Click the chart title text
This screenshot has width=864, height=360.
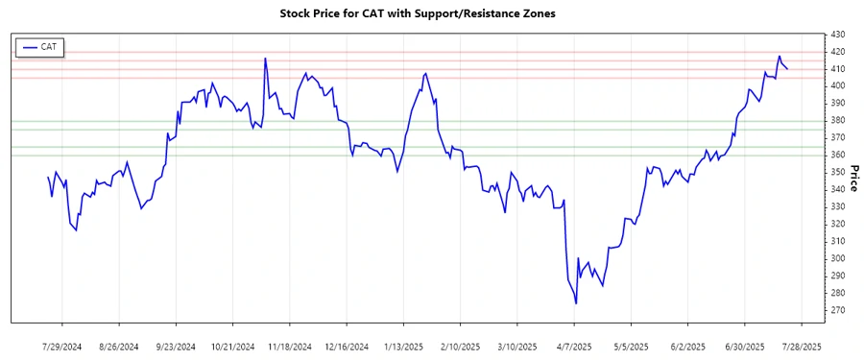[417, 14]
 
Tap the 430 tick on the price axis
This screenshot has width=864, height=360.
[837, 35]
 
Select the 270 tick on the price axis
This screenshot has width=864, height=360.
[837, 310]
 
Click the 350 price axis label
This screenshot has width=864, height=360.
[837, 173]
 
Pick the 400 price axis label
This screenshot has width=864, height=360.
[837, 86]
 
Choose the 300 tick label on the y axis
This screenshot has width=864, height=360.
[837, 258]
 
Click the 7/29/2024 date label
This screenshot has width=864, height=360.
[62, 346]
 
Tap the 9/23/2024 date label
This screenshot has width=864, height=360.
[176, 346]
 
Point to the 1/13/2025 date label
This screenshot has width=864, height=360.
[403, 346]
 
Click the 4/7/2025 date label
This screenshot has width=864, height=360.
[574, 346]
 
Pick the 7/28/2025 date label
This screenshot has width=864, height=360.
[801, 346]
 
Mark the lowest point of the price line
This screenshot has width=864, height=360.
[576, 303]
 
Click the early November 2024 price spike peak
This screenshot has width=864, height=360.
[265, 59]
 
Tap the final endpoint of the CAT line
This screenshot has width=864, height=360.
[787, 68]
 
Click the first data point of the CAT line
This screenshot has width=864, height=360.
[48, 177]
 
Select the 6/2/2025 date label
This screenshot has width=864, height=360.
[687, 346]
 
